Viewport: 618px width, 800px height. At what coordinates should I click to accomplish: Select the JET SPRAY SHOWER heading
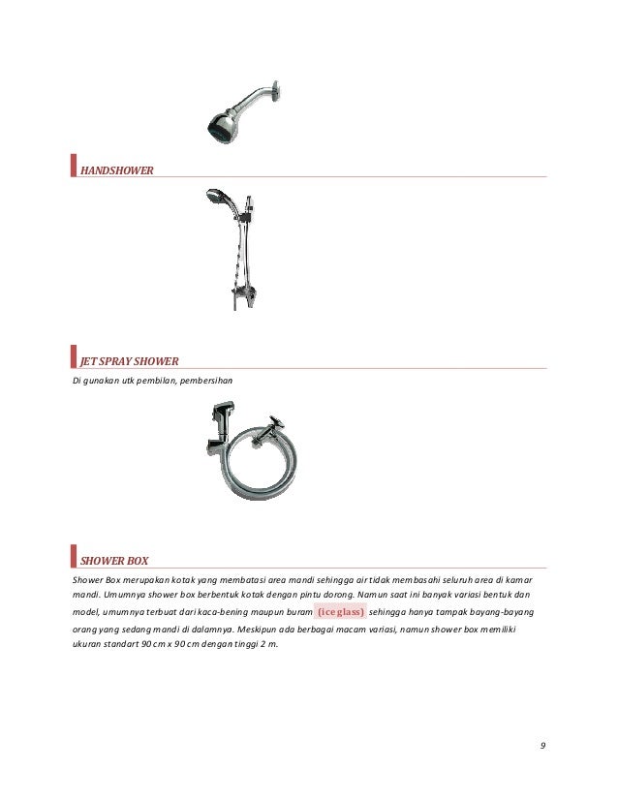coord(130,361)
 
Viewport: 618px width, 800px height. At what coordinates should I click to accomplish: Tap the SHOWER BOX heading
coord(113,559)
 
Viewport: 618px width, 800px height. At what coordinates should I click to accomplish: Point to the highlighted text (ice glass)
coord(334,612)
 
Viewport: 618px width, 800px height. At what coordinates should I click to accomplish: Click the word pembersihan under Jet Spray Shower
coord(203,379)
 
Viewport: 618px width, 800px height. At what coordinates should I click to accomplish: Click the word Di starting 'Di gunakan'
coord(77,379)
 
